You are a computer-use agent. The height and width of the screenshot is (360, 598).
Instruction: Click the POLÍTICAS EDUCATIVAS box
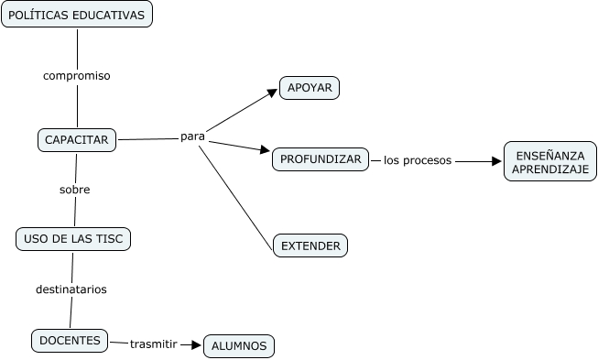(77, 15)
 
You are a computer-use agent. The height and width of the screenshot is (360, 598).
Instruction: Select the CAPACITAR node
(77, 140)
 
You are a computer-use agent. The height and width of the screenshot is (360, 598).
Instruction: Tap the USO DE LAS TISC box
(74, 239)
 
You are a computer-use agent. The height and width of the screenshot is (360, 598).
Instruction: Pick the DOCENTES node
(70, 340)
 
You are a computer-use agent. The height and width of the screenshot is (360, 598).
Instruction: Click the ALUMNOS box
(238, 345)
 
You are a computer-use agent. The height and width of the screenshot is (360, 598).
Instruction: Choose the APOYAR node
(310, 88)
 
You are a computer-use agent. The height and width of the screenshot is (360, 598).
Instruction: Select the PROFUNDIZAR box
(321, 159)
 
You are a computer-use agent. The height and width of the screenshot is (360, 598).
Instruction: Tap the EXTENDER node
(310, 245)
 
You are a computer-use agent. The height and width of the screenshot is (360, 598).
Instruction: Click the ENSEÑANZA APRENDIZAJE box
(549, 161)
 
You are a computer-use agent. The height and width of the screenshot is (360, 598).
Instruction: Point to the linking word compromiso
(77, 76)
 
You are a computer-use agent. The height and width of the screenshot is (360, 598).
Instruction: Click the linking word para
(192, 136)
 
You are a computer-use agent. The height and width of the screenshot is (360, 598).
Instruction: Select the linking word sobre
(74, 190)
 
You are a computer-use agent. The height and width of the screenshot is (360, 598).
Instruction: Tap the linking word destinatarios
(71, 289)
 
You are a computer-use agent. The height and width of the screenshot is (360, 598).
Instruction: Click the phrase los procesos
(418, 160)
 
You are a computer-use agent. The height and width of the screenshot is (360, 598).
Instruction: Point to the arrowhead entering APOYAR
(273, 92)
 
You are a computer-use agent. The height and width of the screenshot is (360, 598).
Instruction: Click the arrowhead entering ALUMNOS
(196, 344)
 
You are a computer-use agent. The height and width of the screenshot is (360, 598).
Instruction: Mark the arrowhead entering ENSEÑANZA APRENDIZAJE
(497, 161)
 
